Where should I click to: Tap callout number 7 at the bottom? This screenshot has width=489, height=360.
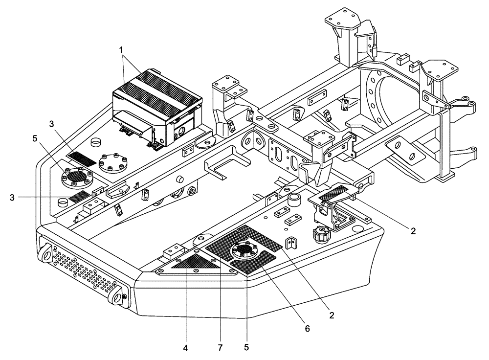[220, 348]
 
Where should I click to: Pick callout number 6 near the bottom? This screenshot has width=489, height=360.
[308, 329]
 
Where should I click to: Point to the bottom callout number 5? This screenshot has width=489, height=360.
[246, 348]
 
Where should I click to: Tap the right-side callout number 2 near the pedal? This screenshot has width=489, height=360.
[413, 231]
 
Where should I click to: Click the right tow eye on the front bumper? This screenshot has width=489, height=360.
[118, 296]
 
